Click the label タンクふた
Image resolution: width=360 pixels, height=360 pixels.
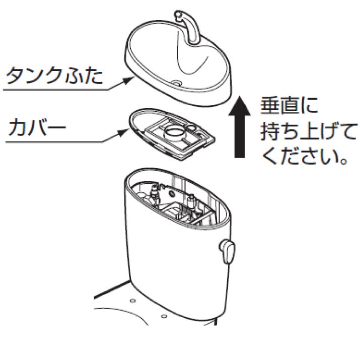tap(54, 77)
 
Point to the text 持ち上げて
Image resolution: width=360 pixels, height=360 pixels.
tap(302, 134)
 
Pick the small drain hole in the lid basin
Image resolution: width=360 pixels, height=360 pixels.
tap(178, 82)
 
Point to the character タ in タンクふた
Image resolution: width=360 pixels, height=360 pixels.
tap(15, 77)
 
